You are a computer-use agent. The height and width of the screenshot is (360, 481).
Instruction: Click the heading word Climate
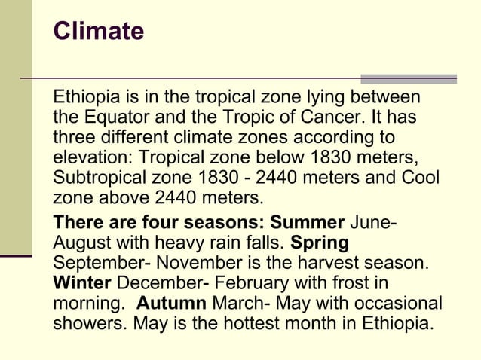(98, 32)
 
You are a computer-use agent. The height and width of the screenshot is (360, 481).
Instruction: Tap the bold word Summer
(308, 224)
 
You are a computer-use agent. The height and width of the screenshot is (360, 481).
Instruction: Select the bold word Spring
(320, 244)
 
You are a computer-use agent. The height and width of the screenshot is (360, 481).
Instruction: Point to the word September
(96, 264)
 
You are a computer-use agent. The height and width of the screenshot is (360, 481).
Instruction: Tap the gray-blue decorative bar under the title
(408, 78)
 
